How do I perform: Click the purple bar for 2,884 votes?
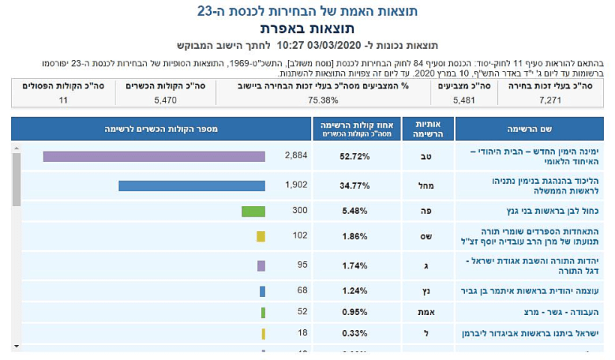coord(154,156)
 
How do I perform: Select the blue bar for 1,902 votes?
coord(191,185)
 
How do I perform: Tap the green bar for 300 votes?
coord(253,211)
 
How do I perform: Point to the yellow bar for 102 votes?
coord(260,236)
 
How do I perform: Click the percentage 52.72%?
coord(356,156)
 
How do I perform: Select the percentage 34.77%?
coord(356,185)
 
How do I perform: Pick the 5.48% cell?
coord(356,211)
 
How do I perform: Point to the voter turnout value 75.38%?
coord(323,100)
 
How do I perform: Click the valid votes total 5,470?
coord(165,100)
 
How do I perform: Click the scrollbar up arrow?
coord(16,149)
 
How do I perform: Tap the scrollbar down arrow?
coord(16,346)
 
